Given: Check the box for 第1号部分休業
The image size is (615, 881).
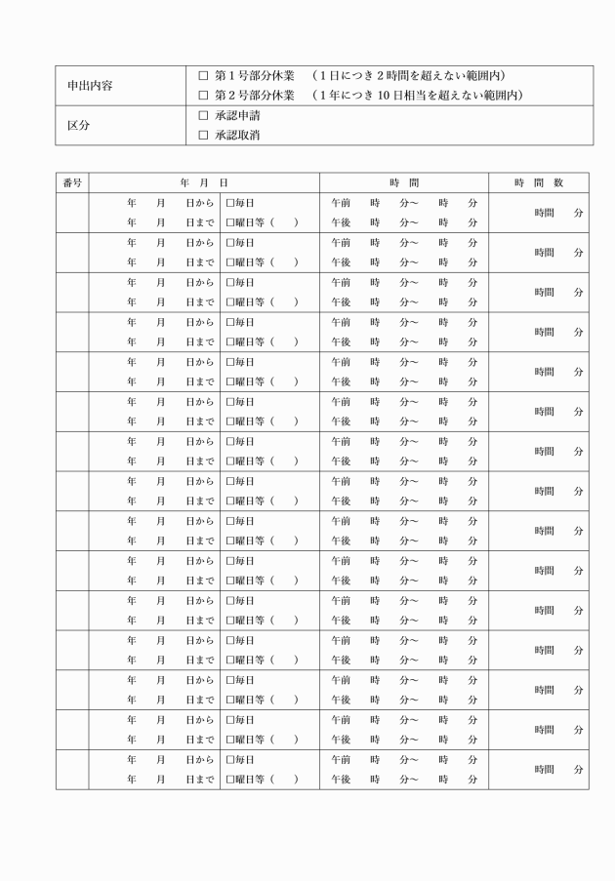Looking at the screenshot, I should (204, 75).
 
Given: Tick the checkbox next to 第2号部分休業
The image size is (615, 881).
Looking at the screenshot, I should (204, 95).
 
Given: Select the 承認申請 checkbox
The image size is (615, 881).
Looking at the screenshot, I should (204, 115).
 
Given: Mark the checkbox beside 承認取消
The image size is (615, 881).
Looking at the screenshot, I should (204, 135).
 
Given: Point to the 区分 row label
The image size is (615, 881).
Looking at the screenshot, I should (77, 126).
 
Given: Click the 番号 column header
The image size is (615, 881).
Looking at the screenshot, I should (71, 182).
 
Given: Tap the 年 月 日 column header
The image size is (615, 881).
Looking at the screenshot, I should (204, 182).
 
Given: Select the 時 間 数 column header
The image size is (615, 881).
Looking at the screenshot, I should (539, 182).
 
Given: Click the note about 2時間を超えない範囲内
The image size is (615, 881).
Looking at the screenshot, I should (409, 75).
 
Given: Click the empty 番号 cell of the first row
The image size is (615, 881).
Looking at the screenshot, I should (71, 213).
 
